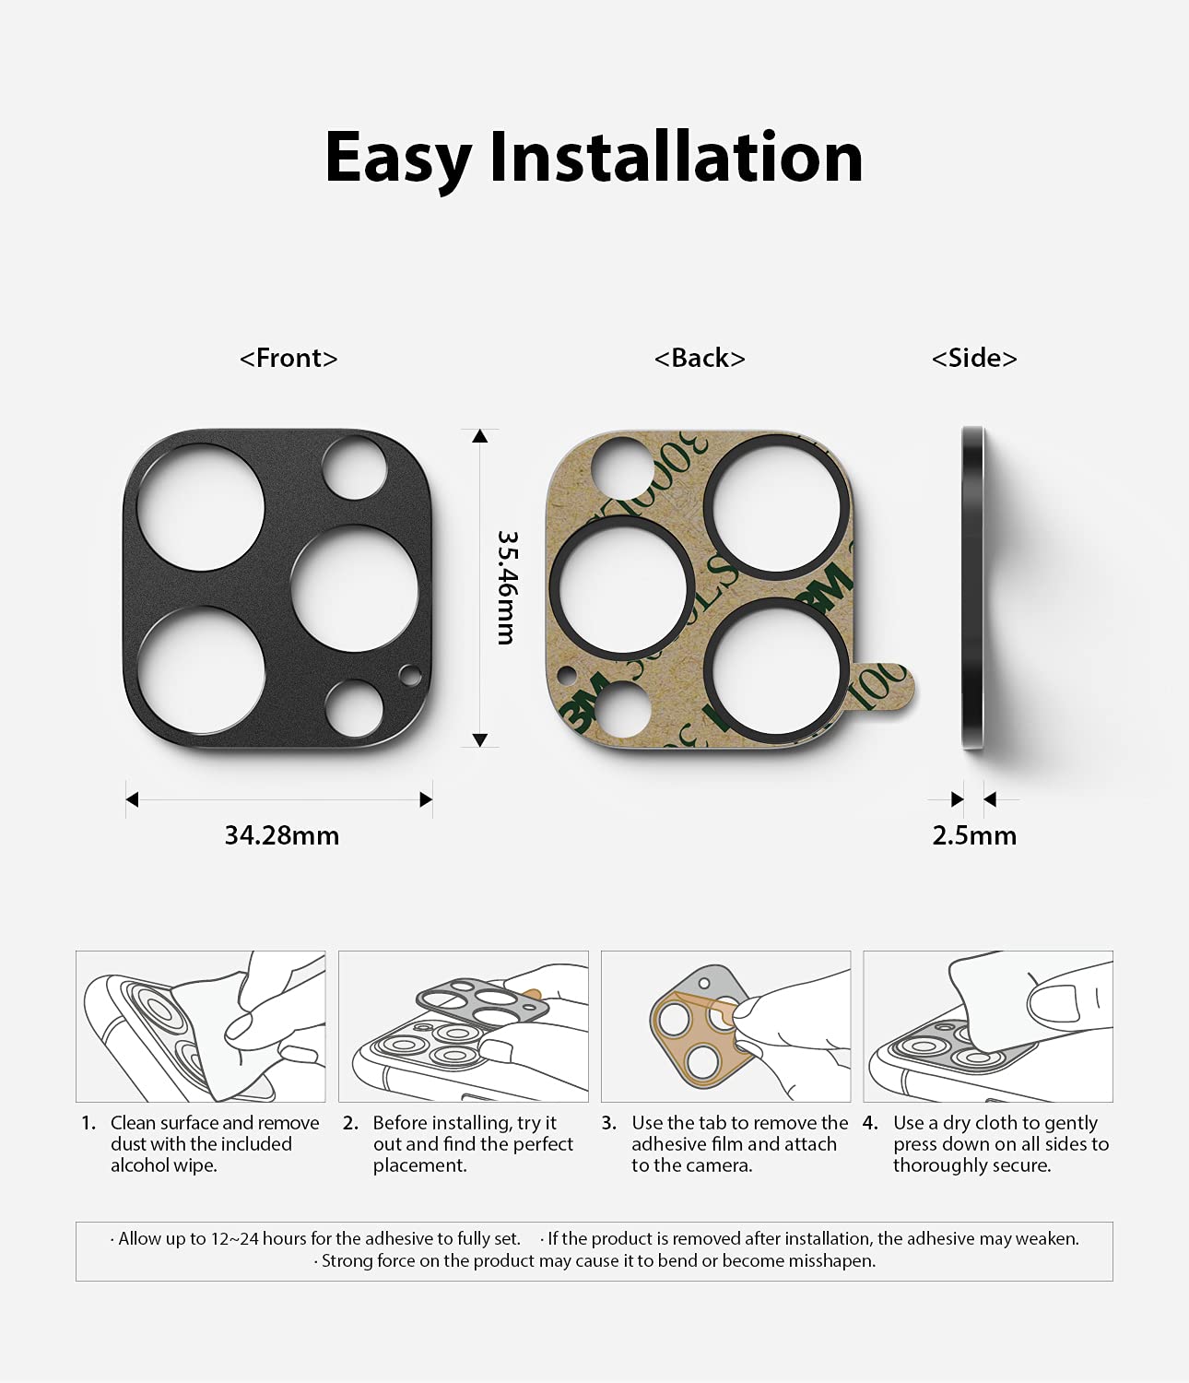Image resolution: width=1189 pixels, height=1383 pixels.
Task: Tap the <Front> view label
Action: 288,358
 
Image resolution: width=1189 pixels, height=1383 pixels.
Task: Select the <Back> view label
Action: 700,358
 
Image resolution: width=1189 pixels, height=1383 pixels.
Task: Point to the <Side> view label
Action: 974,358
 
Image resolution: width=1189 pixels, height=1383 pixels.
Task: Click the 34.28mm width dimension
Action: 281,835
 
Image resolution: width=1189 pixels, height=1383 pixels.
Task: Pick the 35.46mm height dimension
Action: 508,587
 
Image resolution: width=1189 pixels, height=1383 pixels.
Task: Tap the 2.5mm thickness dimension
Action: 974,835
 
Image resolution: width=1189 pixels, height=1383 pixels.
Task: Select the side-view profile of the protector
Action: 973,587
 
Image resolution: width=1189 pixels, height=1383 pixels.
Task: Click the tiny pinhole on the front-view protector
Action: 410,675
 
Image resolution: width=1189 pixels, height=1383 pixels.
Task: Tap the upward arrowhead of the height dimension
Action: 479,436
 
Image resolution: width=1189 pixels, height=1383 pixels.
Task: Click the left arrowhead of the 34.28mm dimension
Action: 132,798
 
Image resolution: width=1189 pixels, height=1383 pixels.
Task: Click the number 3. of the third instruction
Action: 608,1123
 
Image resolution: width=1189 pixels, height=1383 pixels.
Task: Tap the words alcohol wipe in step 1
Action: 164,1165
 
